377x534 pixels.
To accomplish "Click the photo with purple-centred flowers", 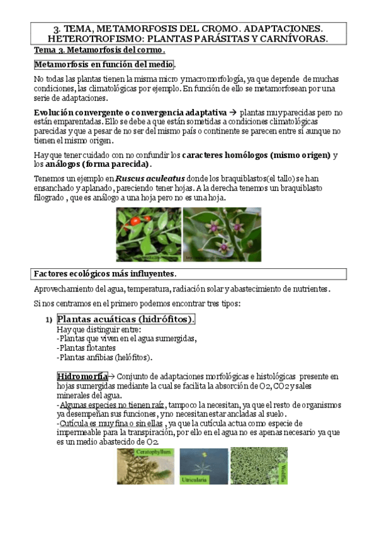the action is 222,234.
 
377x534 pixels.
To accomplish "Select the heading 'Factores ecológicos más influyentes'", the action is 104,274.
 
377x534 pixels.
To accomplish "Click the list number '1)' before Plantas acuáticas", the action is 48,320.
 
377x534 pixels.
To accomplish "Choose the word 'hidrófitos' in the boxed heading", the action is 166,319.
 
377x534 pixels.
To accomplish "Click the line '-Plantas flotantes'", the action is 86,348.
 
